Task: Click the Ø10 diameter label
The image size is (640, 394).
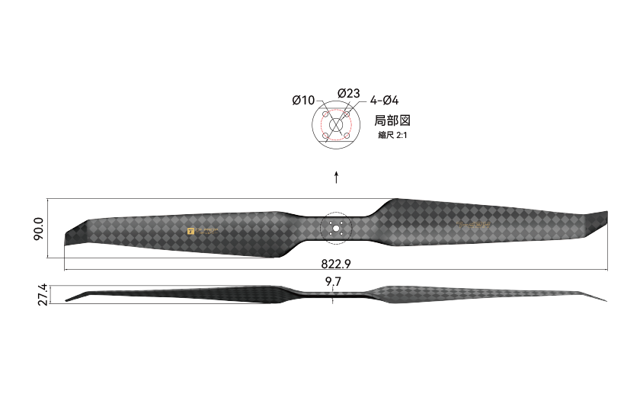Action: pyautogui.click(x=302, y=100)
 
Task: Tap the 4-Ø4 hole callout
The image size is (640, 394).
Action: pyautogui.click(x=385, y=100)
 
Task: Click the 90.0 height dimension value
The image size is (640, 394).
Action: pyautogui.click(x=39, y=229)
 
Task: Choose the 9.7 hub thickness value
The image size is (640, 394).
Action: pyautogui.click(x=333, y=282)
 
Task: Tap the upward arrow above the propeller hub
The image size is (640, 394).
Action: pyautogui.click(x=336, y=178)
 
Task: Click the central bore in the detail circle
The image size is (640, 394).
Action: pyautogui.click(x=336, y=125)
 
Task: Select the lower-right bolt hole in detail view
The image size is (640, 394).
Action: pyautogui.click(x=347, y=136)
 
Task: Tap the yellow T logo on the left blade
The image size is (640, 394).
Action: pyautogui.click(x=190, y=229)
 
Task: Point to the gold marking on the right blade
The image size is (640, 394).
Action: pyautogui.click(x=478, y=224)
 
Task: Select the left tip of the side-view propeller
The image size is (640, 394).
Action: pyautogui.click(x=67, y=300)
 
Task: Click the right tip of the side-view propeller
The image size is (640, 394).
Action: pyautogui.click(x=605, y=300)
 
